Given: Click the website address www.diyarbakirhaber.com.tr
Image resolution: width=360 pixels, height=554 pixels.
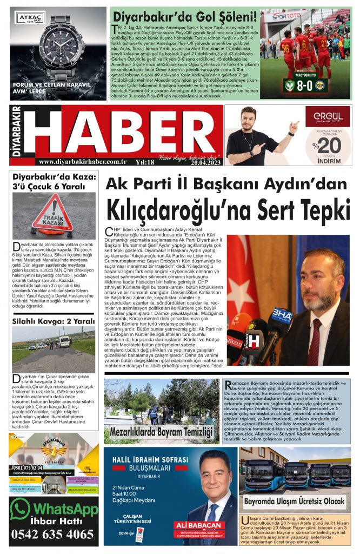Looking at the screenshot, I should coord(83,161).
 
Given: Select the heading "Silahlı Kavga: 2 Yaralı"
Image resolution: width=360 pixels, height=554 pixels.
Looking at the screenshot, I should coord(54,321).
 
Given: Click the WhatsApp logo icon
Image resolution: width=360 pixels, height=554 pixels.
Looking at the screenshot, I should coord(21,508).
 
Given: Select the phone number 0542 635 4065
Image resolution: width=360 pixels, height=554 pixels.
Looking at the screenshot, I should coord(53,535).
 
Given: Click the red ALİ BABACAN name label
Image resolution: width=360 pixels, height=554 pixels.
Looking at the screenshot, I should coord(198,525).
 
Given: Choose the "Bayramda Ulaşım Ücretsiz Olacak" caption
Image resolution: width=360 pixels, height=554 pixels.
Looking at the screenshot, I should coord(294,500).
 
